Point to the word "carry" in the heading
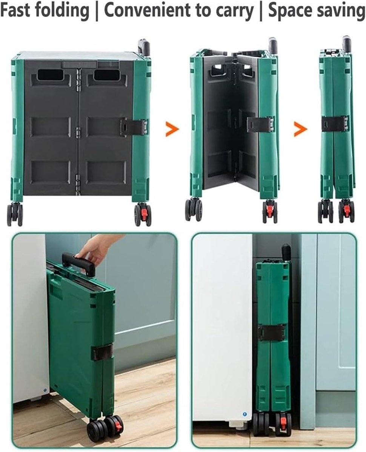235,12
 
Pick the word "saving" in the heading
340,11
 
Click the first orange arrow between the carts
172,129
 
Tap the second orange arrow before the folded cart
300,129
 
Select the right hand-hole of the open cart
106,75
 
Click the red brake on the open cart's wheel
144,214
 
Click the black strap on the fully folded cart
335,124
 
